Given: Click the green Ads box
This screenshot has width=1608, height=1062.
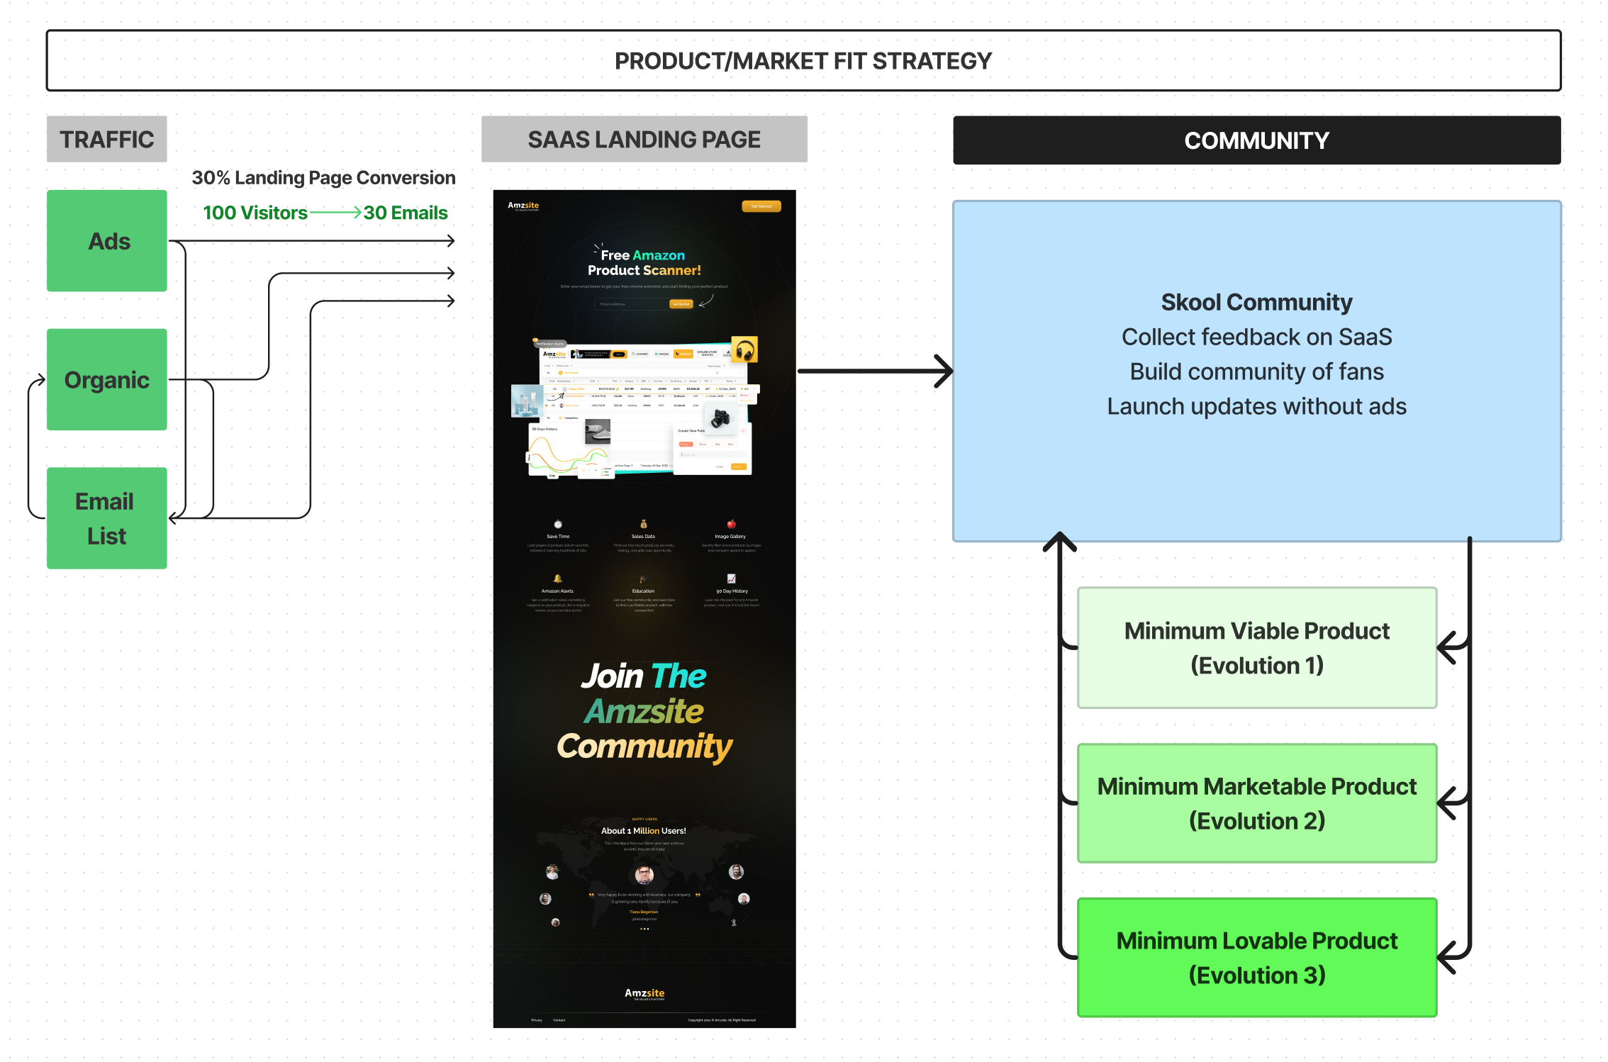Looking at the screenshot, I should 107,240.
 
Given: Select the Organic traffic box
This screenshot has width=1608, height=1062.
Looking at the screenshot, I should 107,379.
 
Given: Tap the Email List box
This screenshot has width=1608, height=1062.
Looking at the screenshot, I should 107,518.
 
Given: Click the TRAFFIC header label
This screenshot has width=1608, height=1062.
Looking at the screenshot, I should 107,139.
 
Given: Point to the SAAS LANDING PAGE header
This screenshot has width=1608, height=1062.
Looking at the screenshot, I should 644,139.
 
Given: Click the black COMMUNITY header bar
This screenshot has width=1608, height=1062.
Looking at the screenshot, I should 1256,140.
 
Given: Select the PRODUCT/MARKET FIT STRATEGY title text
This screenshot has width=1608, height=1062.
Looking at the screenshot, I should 803,61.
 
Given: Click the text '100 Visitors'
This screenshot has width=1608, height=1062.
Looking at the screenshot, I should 255,213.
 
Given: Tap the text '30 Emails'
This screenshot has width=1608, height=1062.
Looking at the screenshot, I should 406,213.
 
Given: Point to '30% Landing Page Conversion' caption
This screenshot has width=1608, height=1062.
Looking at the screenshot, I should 323,177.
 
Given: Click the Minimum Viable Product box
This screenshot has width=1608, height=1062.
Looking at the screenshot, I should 1256,647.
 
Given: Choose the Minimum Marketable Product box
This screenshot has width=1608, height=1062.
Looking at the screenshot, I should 1256,803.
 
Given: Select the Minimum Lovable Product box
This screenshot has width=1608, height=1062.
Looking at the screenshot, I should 1256,957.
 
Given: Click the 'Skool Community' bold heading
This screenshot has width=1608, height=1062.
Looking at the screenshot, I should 1256,302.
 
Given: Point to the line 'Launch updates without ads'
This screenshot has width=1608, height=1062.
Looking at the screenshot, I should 1256,406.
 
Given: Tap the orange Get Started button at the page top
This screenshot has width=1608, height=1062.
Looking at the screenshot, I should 761,206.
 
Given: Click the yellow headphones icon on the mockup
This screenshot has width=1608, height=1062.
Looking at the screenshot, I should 744,350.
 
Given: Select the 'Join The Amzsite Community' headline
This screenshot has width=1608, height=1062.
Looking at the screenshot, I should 644,711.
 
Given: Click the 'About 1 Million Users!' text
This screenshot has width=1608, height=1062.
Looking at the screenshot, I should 643,830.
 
